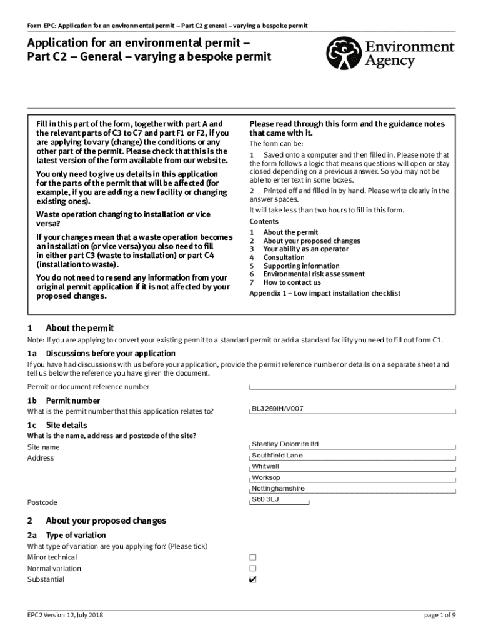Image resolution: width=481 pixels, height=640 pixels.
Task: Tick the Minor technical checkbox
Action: (253, 557)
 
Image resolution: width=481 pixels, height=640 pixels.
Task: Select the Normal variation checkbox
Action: (253, 568)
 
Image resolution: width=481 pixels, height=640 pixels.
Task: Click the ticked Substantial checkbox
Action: (253, 579)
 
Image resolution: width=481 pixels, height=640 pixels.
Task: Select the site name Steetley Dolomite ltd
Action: (285, 444)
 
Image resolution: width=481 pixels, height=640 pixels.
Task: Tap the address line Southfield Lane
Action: (277, 455)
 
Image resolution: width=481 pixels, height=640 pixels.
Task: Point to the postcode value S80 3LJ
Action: (265, 500)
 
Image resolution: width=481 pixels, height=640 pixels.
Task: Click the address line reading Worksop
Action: (266, 477)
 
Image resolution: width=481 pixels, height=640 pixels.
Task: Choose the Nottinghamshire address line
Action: (278, 489)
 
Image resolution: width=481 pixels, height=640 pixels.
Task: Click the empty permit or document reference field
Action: (352, 387)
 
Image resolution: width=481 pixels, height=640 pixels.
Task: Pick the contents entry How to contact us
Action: (292, 282)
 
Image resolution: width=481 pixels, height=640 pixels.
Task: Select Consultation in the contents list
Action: (284, 257)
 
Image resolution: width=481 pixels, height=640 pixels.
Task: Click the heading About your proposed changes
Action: (106, 521)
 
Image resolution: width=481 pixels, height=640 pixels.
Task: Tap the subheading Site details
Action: (67, 425)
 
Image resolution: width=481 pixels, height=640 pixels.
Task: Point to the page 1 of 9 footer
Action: (440, 615)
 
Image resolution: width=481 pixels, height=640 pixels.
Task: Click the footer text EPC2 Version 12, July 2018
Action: (66, 615)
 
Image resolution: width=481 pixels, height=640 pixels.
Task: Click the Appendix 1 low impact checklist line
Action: (325, 293)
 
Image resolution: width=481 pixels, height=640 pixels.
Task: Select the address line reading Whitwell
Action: (265, 466)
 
